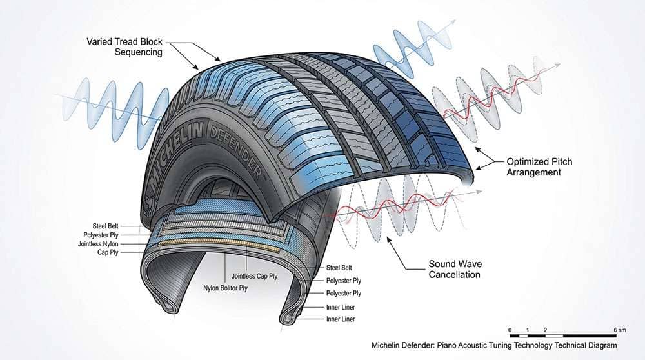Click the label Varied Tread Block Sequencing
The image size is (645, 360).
[124, 46]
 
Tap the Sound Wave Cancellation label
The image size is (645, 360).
[455, 269]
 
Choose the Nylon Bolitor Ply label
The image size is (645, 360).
[226, 288]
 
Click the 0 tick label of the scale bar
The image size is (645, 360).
[510, 330]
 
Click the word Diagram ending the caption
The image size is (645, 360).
[601, 345]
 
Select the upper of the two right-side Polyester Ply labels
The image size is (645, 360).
[342, 281]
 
